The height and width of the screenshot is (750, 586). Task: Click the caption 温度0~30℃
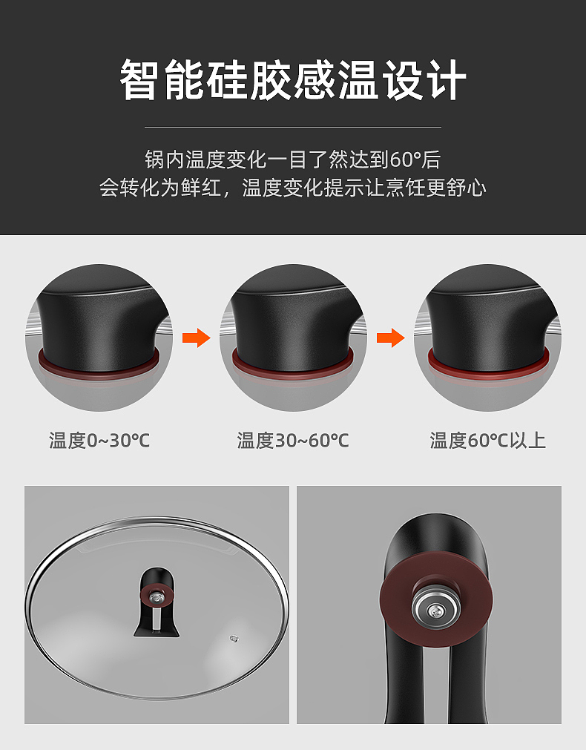(x=99, y=441)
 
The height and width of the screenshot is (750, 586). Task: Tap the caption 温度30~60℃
(x=293, y=441)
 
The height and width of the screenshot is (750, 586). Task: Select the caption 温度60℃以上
(x=487, y=441)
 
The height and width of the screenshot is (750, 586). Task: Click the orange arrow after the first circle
(x=197, y=338)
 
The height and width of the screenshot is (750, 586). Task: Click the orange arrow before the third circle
(x=390, y=338)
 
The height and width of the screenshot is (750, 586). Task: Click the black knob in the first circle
(x=99, y=319)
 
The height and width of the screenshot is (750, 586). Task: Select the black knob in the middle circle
(x=293, y=319)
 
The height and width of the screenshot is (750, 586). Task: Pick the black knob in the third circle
(x=487, y=319)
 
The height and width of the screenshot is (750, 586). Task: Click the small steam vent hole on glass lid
(x=235, y=637)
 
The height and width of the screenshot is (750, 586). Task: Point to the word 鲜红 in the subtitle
(x=200, y=187)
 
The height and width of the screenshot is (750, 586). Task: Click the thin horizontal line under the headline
(x=293, y=127)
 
